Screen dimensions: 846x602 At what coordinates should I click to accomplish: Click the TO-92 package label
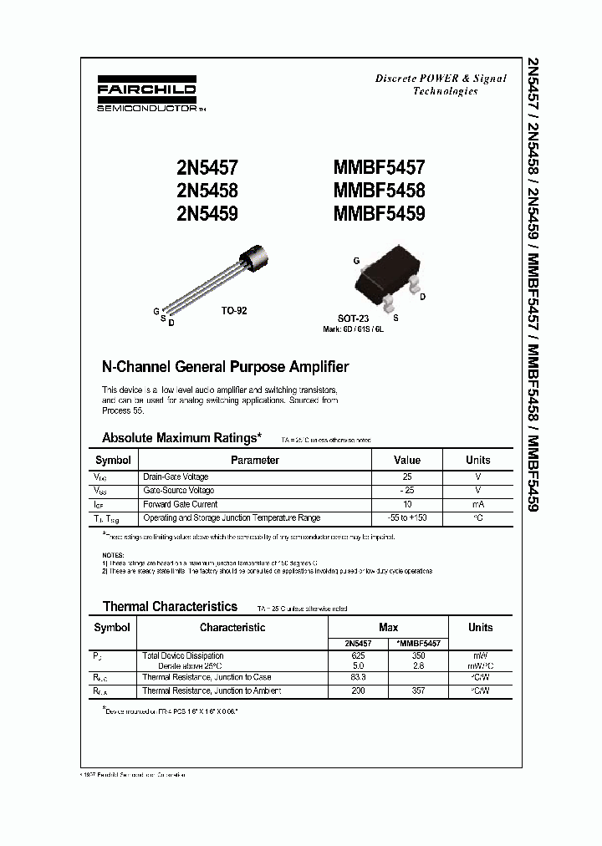(234, 310)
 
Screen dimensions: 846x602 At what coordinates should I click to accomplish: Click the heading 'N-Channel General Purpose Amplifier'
(225, 367)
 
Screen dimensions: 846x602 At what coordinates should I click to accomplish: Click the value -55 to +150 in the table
(407, 518)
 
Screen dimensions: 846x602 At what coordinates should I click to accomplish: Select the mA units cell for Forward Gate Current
(477, 504)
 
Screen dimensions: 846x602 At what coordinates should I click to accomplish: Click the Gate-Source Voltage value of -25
(407, 490)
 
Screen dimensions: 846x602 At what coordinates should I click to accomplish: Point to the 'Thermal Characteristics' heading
(170, 606)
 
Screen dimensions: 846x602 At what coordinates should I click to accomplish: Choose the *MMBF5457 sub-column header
(417, 644)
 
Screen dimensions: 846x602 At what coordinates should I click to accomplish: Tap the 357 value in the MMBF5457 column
(418, 691)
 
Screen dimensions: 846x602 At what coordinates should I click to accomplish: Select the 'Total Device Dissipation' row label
(183, 656)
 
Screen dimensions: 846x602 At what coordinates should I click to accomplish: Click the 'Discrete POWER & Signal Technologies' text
(441, 84)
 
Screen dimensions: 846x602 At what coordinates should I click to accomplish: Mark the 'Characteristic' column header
(232, 627)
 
